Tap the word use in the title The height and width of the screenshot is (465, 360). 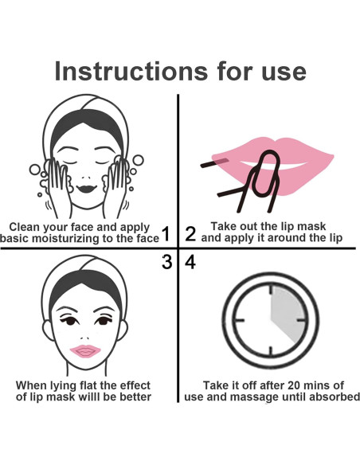click(277, 71)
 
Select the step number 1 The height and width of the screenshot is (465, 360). click(166, 233)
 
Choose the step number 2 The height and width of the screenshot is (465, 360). click(190, 233)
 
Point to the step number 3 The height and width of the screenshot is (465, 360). click(166, 262)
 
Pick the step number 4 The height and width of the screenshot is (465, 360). click(190, 262)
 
